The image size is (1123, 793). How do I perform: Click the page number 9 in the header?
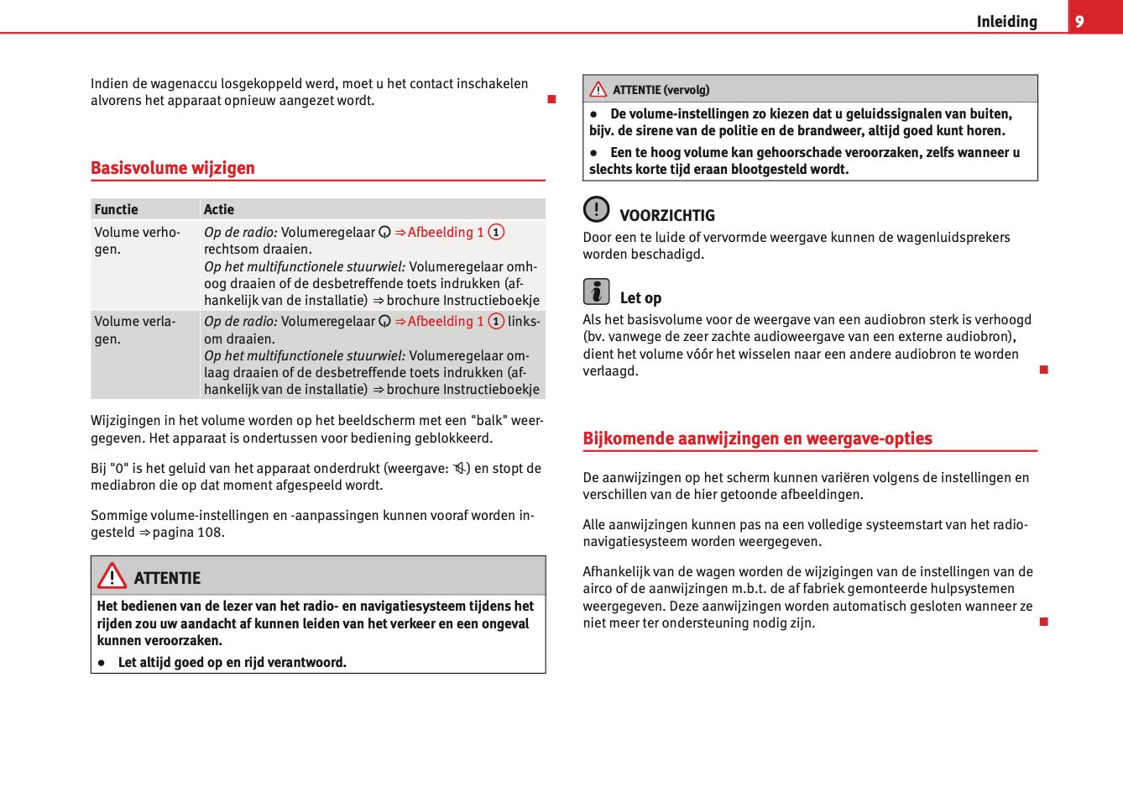(x=1079, y=22)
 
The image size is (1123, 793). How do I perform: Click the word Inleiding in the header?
(x=1006, y=22)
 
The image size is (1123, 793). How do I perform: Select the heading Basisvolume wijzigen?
(x=173, y=168)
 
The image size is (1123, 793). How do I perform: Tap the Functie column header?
(x=117, y=210)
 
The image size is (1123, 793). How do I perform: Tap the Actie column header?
(x=219, y=210)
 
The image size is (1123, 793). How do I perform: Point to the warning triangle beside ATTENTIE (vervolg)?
(x=598, y=90)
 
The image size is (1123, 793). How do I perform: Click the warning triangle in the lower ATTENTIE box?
(x=112, y=576)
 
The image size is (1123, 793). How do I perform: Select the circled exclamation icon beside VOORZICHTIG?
(x=596, y=208)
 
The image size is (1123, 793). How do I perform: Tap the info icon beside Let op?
(x=596, y=291)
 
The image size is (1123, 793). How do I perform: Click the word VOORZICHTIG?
(x=667, y=216)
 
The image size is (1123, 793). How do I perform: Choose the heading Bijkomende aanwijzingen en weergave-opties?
(x=757, y=439)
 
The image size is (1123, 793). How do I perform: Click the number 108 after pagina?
(x=210, y=533)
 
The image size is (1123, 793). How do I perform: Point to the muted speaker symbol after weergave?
(x=461, y=469)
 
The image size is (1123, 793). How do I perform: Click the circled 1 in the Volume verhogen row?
(x=496, y=233)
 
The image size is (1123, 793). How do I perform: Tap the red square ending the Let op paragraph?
(x=1044, y=370)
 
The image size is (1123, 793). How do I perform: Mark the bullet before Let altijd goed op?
(x=102, y=663)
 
